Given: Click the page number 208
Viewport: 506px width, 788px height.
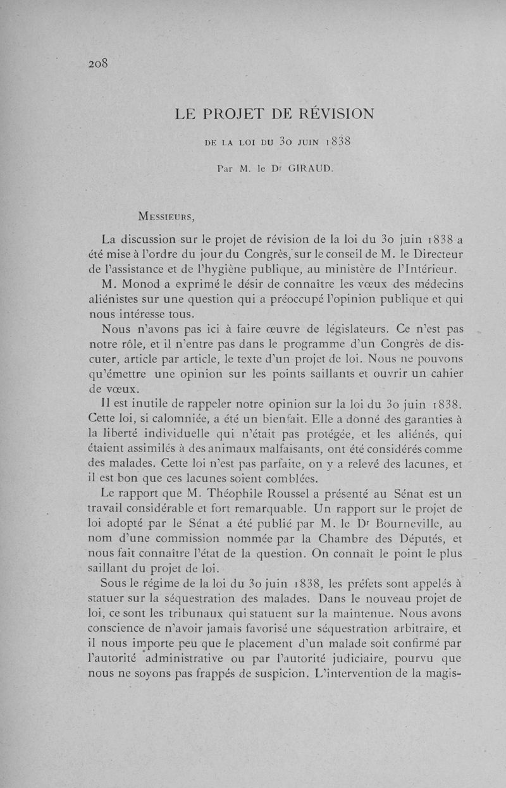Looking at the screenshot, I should [100, 63].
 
